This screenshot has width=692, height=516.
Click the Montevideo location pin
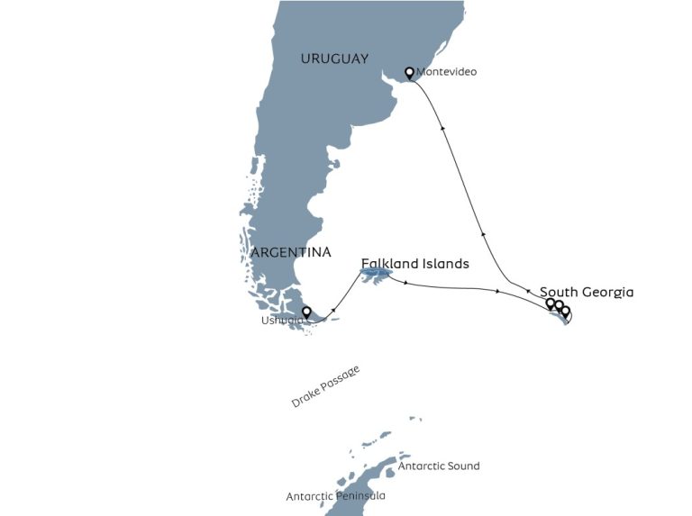pyautogui.click(x=410, y=72)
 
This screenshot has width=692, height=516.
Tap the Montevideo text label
pyautogui.click(x=447, y=72)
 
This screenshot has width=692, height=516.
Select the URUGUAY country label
pyautogui.click(x=334, y=59)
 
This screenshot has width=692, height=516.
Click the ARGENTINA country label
pyautogui.click(x=291, y=252)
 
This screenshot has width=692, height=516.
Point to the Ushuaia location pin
pyautogui.click(x=306, y=312)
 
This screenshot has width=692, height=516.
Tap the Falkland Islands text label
pyautogui.click(x=414, y=264)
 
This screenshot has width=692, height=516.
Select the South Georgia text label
pyautogui.click(x=587, y=292)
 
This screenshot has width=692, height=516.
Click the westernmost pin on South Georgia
pyautogui.click(x=551, y=303)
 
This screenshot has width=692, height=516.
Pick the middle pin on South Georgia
pyautogui.click(x=559, y=306)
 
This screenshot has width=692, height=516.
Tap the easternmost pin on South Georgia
pyautogui.click(x=566, y=312)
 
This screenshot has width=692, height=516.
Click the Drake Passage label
pyautogui.click(x=325, y=387)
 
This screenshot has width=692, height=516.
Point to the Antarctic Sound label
pyautogui.click(x=439, y=466)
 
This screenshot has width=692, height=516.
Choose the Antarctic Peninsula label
pyautogui.click(x=335, y=496)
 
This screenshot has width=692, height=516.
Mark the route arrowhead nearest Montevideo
pyautogui.click(x=442, y=129)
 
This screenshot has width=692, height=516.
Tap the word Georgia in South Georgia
pyautogui.click(x=607, y=292)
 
